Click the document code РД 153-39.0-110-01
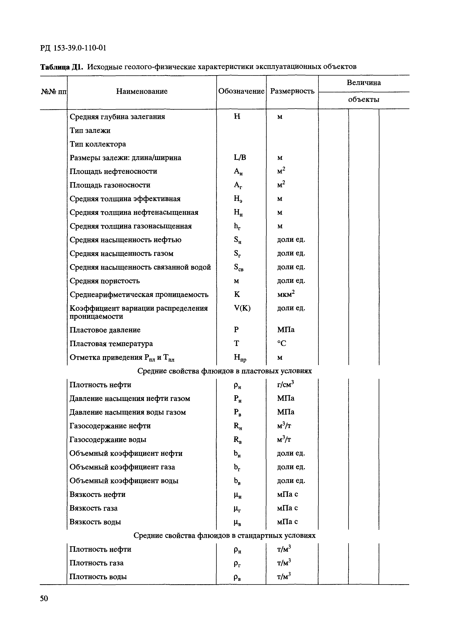73,48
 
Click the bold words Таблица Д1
61,67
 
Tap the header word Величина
364,83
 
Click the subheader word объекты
364,100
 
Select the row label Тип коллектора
98,144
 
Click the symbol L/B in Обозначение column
240,158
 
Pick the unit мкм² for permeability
286,294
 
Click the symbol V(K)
242,308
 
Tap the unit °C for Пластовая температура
282,344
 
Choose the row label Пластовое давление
105,330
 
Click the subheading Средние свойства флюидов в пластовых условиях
224,371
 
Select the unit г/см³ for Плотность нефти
285,385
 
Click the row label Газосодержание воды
108,439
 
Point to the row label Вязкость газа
93,508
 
